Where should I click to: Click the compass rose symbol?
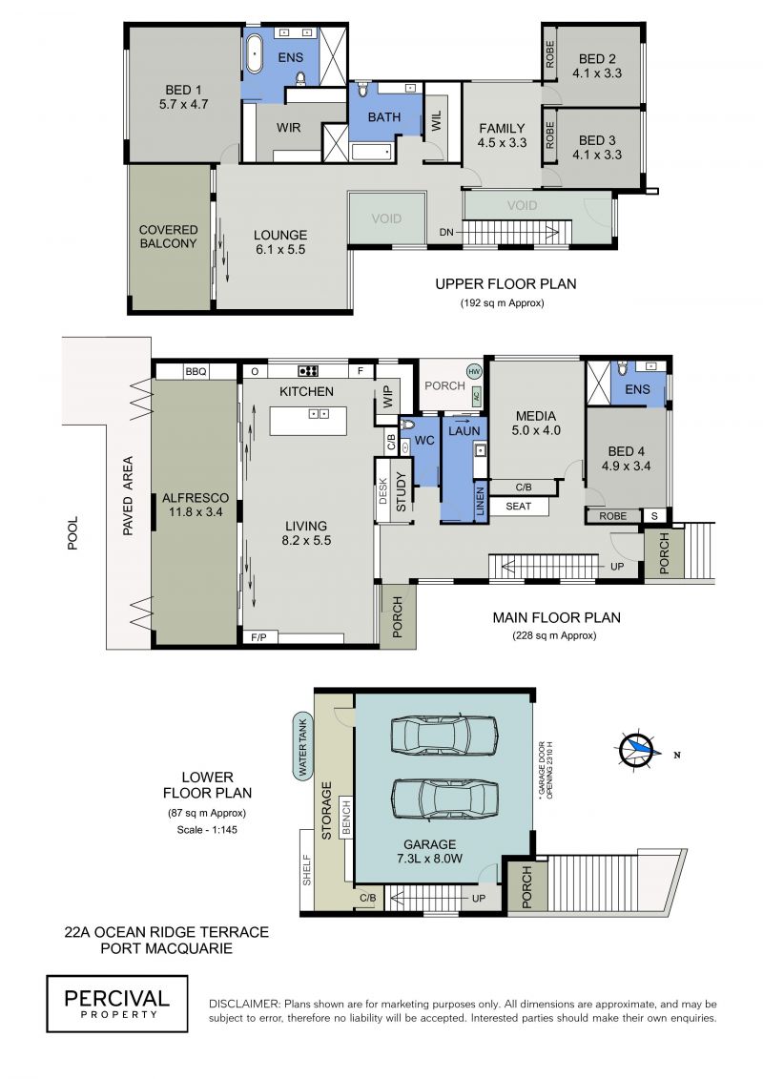(x=637, y=750)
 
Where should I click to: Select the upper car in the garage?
(x=443, y=736)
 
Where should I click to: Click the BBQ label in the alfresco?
(x=196, y=372)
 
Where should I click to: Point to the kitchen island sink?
(x=318, y=414)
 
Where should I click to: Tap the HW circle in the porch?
(x=474, y=371)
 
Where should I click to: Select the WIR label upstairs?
(x=288, y=127)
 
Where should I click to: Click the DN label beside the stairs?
(x=446, y=232)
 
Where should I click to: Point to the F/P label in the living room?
(x=258, y=637)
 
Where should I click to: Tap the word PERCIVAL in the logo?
(x=116, y=999)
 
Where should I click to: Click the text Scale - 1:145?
(x=206, y=829)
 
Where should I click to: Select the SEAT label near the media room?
(x=518, y=507)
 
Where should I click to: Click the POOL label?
(x=72, y=533)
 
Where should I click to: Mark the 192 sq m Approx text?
(x=502, y=302)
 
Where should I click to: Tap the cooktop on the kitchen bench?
(x=307, y=371)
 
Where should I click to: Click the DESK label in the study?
(x=383, y=491)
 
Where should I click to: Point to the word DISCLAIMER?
(x=245, y=1004)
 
